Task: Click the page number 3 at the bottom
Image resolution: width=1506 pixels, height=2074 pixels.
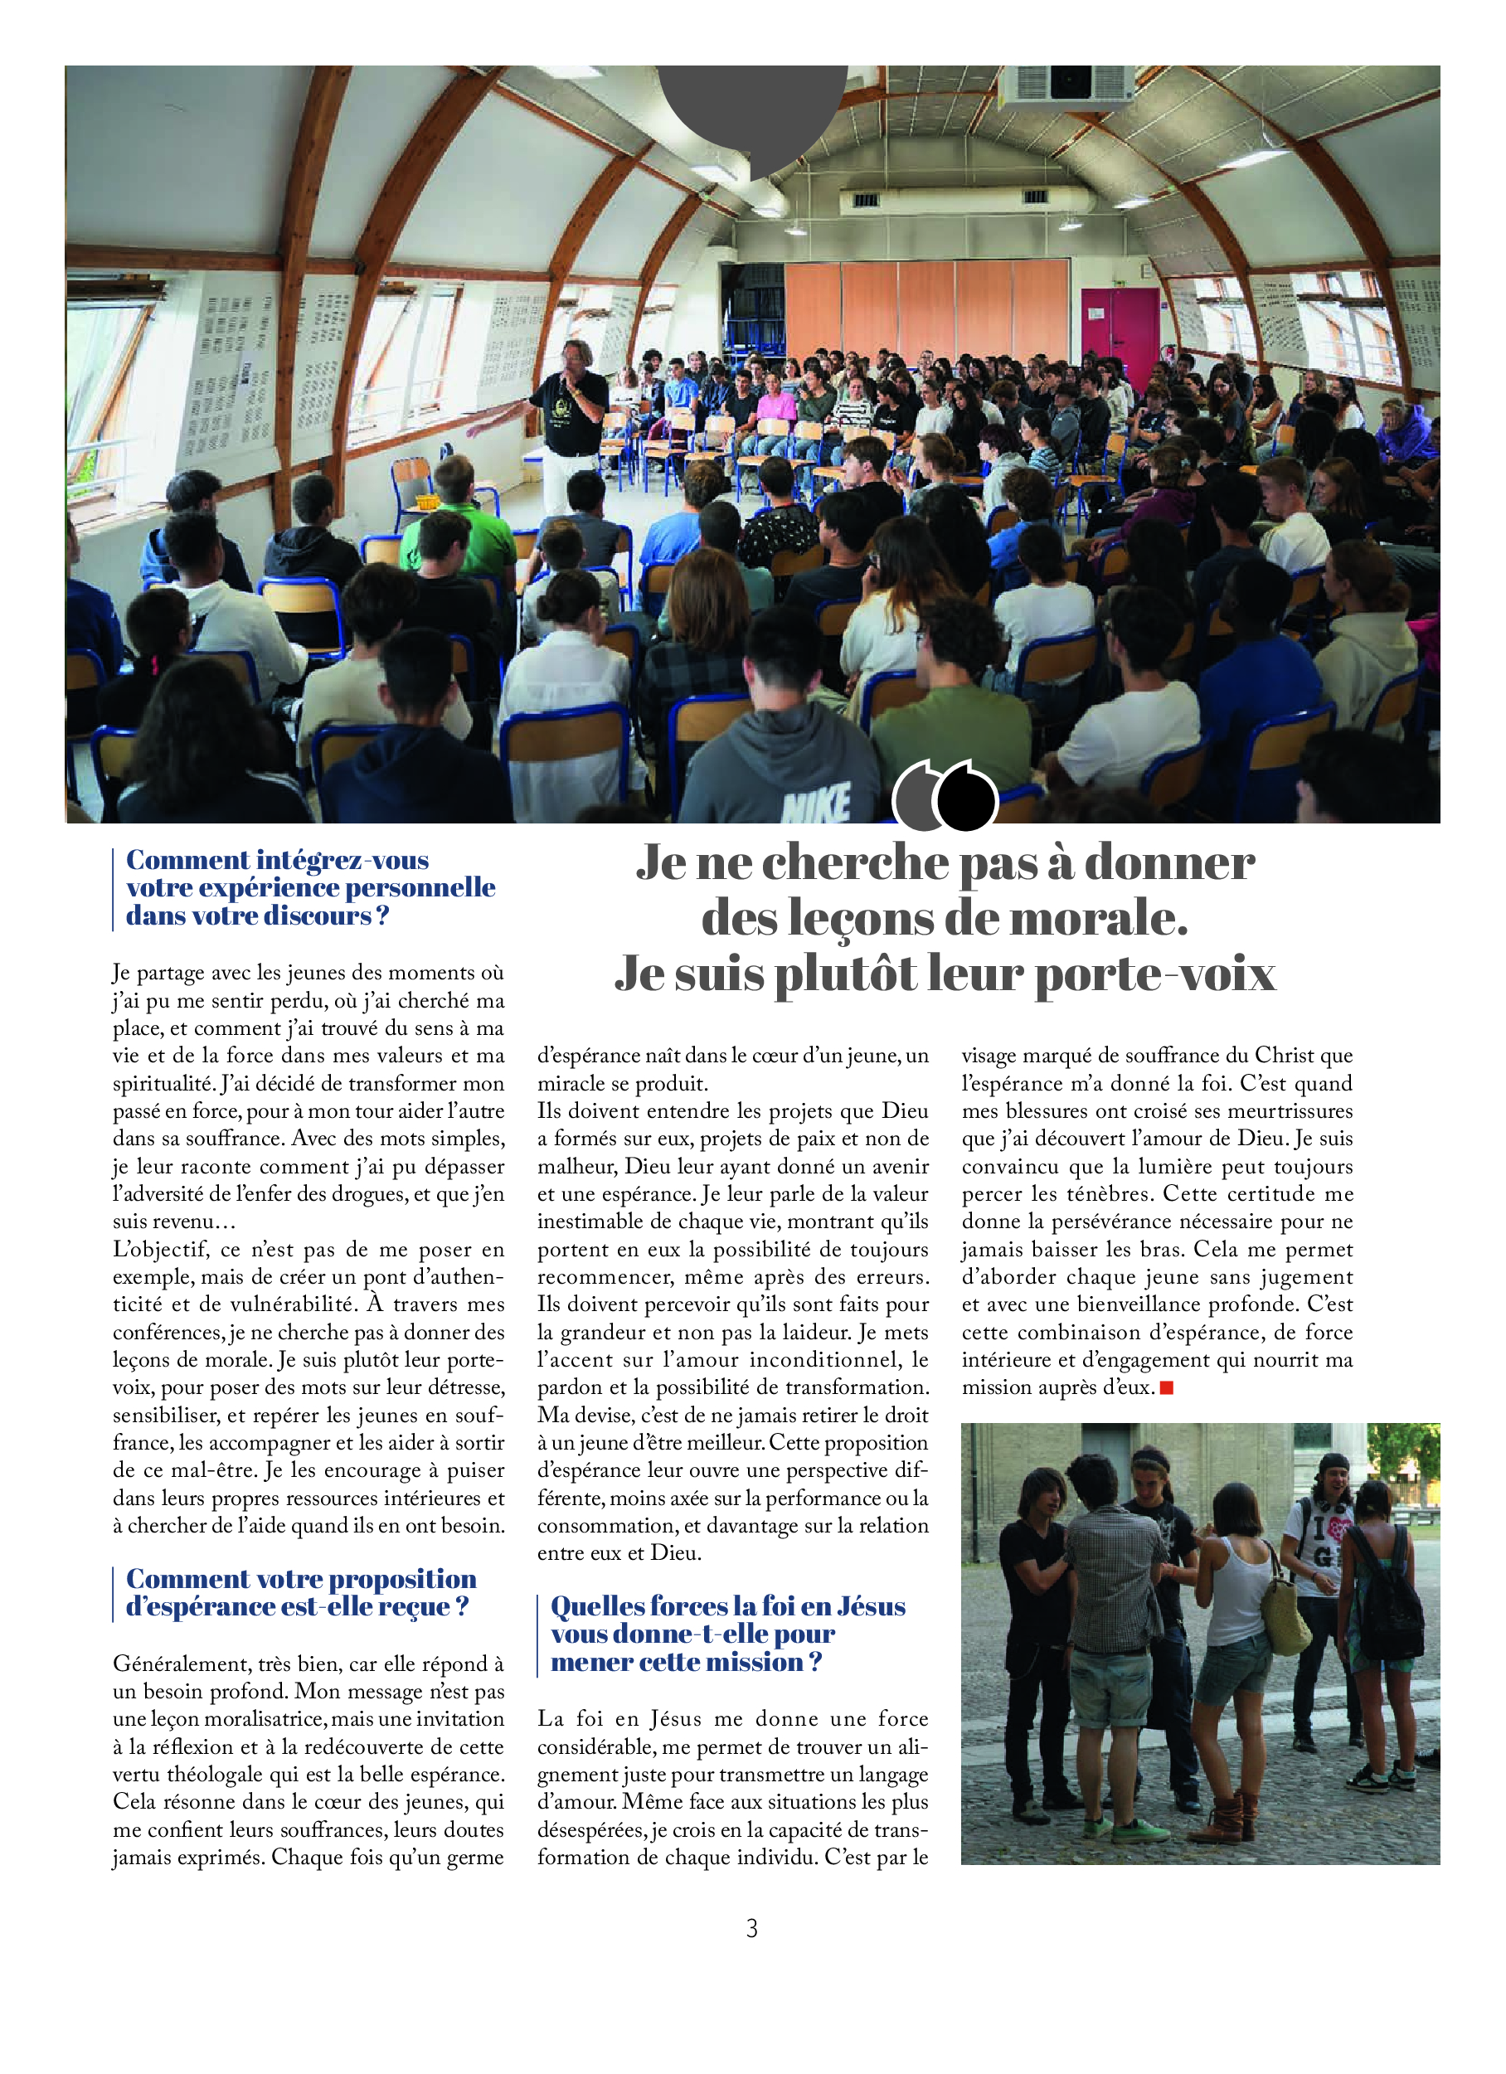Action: [x=751, y=1929]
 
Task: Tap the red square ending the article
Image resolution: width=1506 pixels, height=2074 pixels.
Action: [x=1166, y=1388]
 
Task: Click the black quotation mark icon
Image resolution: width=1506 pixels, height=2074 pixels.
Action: [x=965, y=795]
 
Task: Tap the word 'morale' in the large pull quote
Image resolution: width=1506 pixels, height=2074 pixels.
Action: [x=1097, y=918]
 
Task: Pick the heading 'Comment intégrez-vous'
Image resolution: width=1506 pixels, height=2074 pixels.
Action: [x=277, y=861]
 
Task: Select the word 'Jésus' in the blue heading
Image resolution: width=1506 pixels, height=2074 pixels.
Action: [x=858, y=1607]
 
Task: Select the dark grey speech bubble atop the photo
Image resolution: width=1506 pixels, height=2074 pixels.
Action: [x=751, y=109]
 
